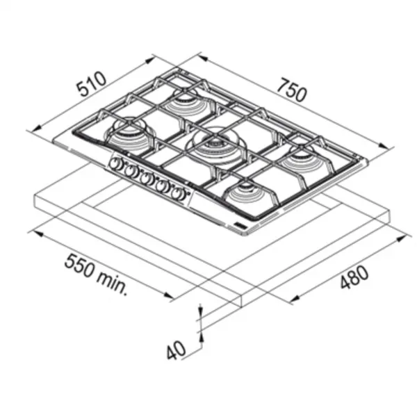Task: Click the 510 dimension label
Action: (x=92, y=83)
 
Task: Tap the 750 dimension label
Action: (x=292, y=90)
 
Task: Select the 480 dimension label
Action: (x=354, y=277)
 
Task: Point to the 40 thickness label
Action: (x=176, y=350)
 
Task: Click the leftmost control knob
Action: (x=116, y=163)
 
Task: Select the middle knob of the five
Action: (x=146, y=179)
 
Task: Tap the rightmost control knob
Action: (x=177, y=194)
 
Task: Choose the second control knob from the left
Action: (x=131, y=171)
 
